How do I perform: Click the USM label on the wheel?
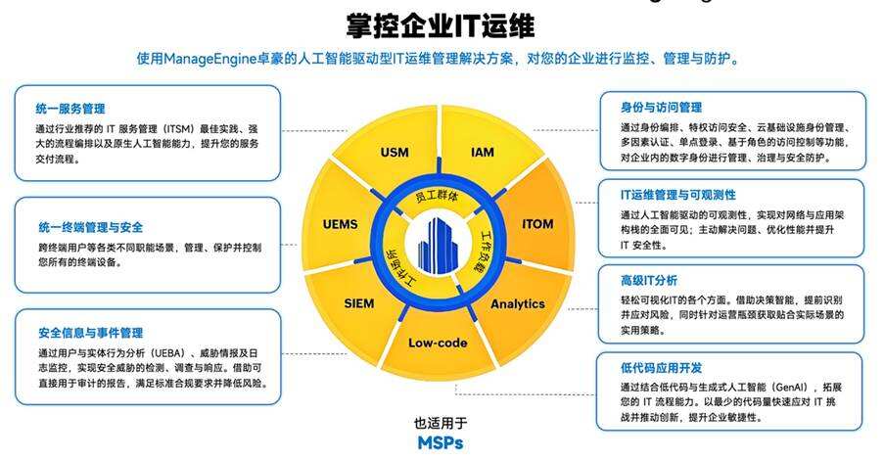tap(394, 153)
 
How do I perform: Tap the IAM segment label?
tap(482, 153)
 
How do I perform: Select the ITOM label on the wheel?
tap(537, 224)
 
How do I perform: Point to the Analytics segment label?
tap(517, 303)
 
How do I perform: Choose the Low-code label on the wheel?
tap(438, 344)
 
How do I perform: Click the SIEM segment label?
tap(359, 303)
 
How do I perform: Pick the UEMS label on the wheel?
tap(340, 224)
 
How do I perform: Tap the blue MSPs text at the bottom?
tap(441, 441)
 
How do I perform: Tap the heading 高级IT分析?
tap(648, 280)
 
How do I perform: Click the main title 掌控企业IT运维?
tap(441, 23)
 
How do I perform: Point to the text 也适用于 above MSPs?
tap(441, 423)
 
